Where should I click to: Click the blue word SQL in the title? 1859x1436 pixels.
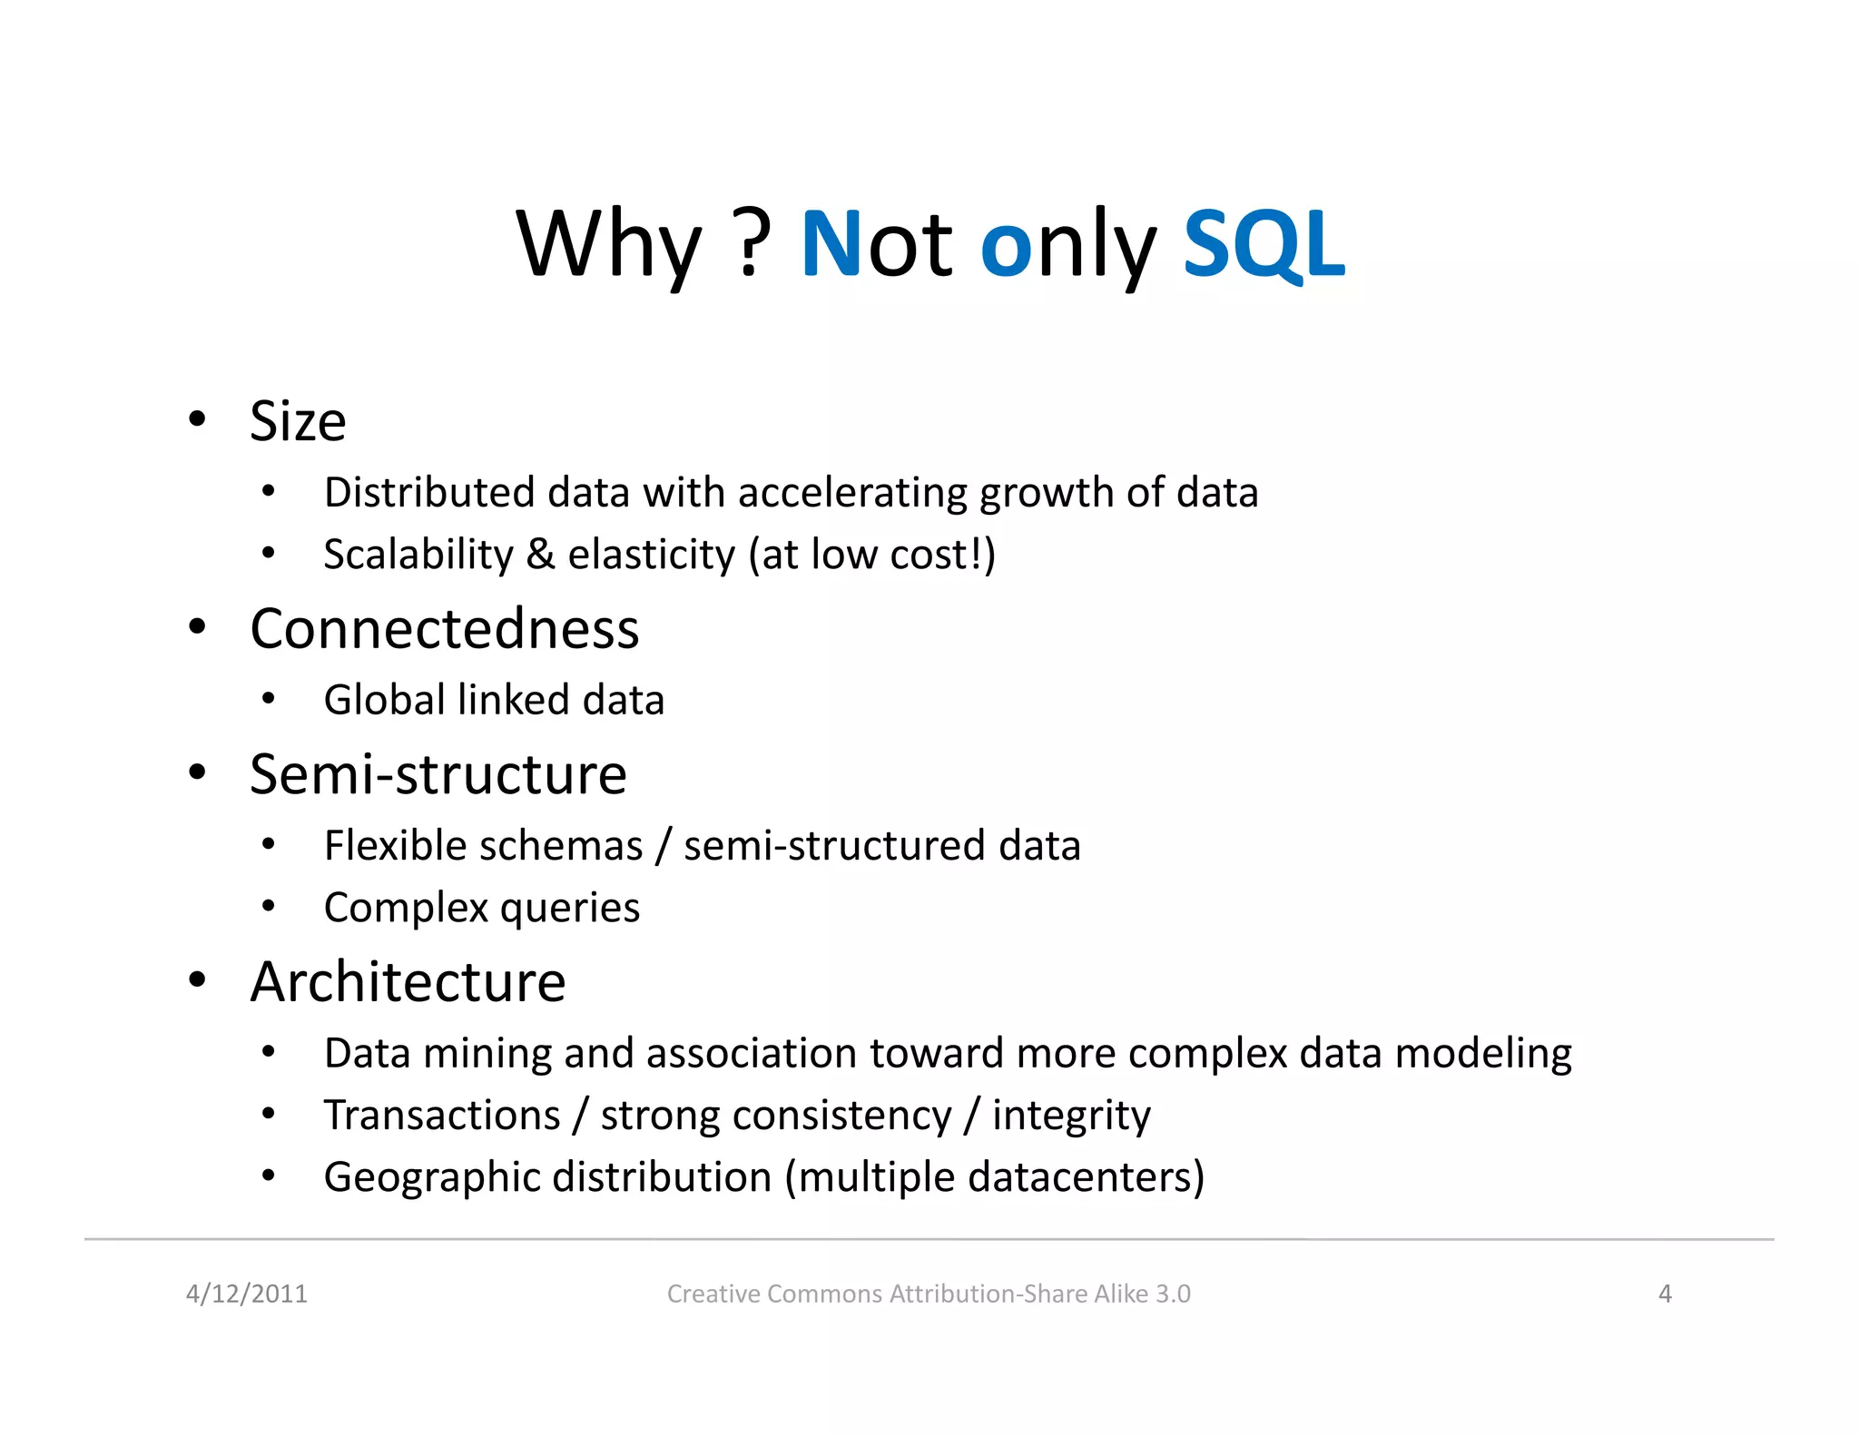click(x=1264, y=243)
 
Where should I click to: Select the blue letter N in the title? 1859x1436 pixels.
click(x=830, y=243)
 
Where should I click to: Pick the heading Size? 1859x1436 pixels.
click(x=298, y=422)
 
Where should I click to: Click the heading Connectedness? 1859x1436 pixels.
click(x=444, y=628)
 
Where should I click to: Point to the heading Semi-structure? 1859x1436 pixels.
click(x=438, y=774)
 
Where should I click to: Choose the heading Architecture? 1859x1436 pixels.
click(x=408, y=981)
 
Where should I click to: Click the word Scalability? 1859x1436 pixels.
click(x=418, y=555)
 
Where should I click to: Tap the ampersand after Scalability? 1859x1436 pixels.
click(x=540, y=555)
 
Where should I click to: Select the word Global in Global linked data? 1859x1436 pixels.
click(x=385, y=700)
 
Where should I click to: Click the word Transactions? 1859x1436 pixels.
click(x=442, y=1115)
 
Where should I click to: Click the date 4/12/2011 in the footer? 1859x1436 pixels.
click(x=247, y=1293)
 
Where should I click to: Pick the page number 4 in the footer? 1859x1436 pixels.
click(x=1665, y=1293)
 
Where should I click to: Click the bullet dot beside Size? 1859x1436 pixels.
click(x=197, y=419)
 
